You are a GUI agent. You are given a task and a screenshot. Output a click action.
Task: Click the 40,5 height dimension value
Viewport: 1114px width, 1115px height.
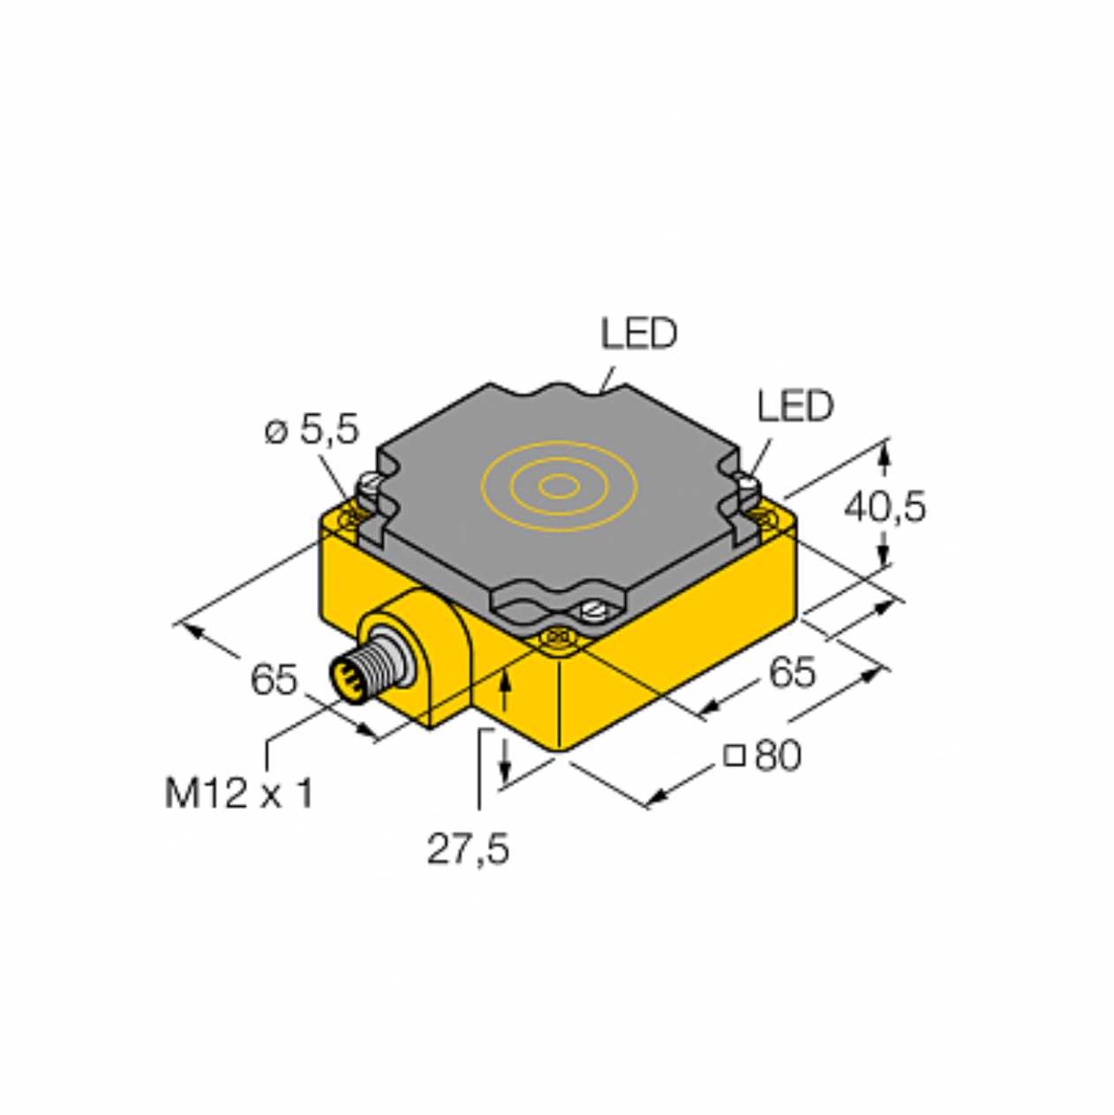[x=884, y=508]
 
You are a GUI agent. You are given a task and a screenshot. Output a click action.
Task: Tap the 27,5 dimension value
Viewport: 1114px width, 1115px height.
[x=468, y=849]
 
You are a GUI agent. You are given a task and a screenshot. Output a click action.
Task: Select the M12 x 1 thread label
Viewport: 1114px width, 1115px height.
[x=239, y=794]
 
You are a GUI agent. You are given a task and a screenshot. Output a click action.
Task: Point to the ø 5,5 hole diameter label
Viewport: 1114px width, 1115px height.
[x=312, y=430]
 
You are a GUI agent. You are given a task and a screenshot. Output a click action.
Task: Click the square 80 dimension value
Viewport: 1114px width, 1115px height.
[x=763, y=756]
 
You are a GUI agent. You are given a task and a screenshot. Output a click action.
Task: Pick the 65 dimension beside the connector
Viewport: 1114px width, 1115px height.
[x=273, y=679]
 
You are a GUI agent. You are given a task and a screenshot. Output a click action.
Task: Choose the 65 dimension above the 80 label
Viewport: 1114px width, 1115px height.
[x=792, y=672]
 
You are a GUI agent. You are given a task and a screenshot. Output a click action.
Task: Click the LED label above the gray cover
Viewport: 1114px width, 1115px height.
[x=639, y=334]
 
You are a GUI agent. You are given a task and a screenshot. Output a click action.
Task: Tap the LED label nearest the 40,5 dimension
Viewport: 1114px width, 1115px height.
[x=795, y=405]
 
